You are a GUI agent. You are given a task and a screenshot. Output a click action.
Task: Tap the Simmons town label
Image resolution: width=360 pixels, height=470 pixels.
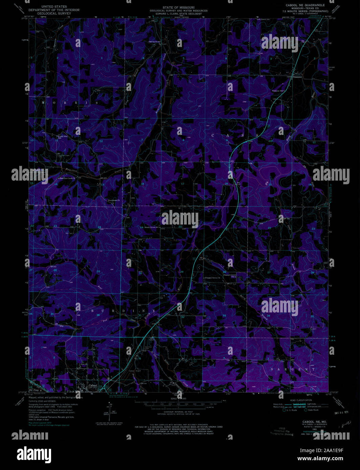(297, 77)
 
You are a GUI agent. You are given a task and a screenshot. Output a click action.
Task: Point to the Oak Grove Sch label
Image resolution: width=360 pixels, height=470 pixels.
(154, 42)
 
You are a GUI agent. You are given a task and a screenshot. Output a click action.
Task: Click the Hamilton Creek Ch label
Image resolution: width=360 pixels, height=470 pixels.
(67, 178)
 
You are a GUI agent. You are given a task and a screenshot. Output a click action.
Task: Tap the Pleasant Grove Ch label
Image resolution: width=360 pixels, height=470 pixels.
(212, 278)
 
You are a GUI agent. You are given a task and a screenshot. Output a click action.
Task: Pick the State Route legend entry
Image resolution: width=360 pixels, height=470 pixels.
(313, 410)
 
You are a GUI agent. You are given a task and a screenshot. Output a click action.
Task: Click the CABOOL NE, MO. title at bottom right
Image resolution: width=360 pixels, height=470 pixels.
(314, 422)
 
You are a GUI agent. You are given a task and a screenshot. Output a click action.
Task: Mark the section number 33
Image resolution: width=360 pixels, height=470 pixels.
(224, 315)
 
